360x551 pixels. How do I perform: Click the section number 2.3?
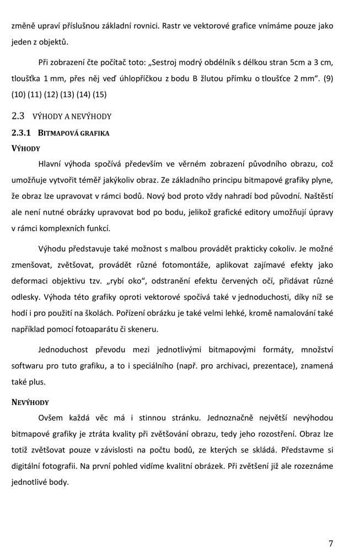point(18,116)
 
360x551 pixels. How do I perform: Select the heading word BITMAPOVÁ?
point(59,133)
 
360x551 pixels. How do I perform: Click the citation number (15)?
point(99,94)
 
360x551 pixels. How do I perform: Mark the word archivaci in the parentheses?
point(237,366)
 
